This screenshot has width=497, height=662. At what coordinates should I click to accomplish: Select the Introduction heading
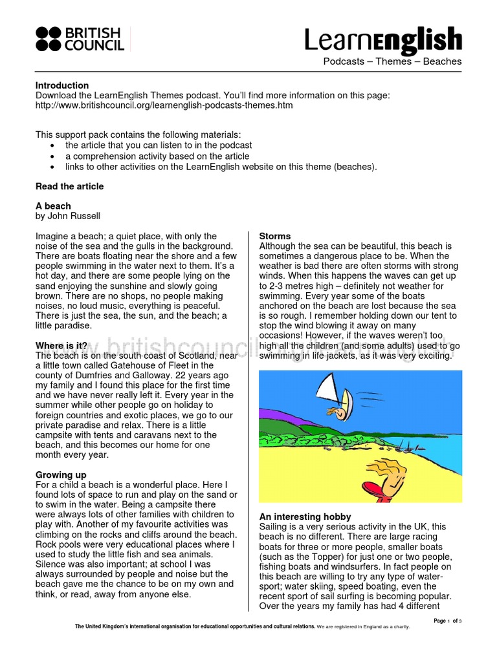coord(62,85)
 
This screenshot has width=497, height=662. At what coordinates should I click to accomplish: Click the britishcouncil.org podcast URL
coord(164,105)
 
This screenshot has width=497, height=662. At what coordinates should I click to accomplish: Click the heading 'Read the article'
coord(69,186)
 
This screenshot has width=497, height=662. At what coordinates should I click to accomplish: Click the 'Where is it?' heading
coord(61,346)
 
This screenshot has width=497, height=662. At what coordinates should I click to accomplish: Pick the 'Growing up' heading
coord(62,475)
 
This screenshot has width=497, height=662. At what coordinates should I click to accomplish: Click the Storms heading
coord(275,237)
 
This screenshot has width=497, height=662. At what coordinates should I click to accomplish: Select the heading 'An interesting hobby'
coord(305,517)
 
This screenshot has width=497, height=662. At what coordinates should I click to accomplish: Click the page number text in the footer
coord(448,621)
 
